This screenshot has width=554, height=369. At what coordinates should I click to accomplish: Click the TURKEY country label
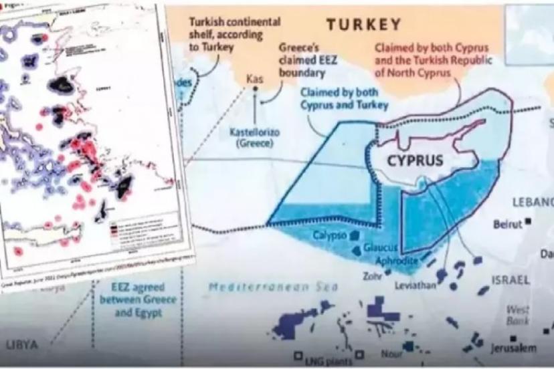(364, 25)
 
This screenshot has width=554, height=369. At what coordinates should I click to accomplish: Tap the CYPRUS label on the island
(415, 161)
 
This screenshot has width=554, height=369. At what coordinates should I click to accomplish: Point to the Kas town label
(254, 80)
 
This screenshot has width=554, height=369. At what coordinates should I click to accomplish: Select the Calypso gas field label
(329, 235)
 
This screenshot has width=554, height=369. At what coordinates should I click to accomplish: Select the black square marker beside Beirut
(528, 221)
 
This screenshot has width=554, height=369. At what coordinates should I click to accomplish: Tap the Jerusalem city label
(513, 348)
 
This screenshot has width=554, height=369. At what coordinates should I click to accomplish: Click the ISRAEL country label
(511, 279)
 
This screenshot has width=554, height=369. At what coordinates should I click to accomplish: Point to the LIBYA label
(22, 344)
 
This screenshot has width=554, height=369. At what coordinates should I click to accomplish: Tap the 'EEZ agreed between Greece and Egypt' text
(138, 294)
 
